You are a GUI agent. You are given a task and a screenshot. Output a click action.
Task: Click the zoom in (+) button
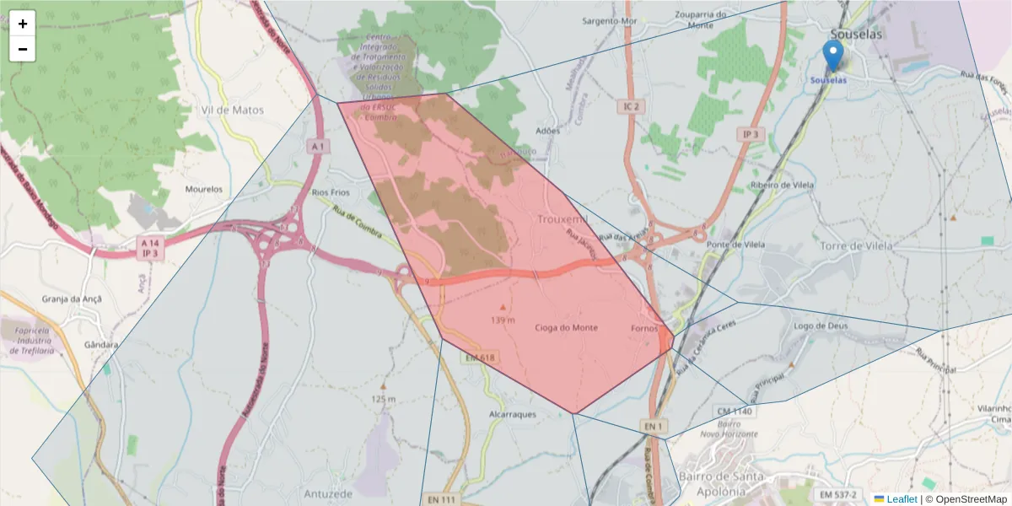point(23,24)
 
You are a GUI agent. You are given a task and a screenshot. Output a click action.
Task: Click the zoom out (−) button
point(23,49)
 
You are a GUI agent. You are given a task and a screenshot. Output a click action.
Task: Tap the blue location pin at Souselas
point(832,56)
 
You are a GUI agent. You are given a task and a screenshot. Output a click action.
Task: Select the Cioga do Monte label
point(566,327)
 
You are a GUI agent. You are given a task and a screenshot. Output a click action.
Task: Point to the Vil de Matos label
point(233,110)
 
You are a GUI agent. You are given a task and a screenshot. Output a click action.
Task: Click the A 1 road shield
point(317,147)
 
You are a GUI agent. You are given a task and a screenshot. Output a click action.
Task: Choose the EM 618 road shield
point(479,358)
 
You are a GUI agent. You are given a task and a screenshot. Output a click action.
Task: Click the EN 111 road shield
point(439,499)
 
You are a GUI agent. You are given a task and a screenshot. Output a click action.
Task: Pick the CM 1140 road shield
point(734,412)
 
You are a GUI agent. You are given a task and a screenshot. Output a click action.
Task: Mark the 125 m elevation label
point(383,398)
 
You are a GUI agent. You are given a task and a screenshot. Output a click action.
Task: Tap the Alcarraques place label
point(513,415)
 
